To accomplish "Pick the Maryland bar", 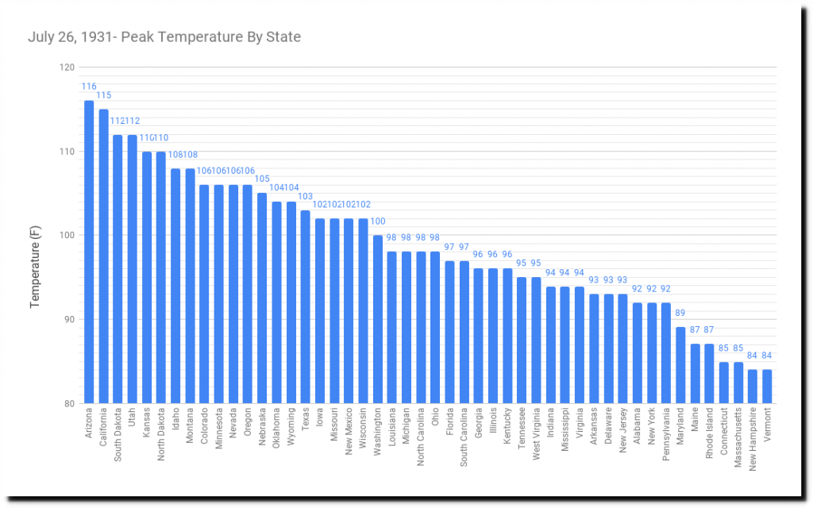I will pos(680,365).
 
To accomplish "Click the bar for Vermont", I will pos(767,387).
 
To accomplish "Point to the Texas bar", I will pos(306,306).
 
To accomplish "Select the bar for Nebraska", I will pos(262,298).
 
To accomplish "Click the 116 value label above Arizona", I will pos(89,87).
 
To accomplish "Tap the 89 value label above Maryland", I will pos(680,314).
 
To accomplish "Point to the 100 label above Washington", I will pos(378,221).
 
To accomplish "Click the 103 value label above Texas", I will pos(306,196).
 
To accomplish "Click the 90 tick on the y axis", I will pos(68,320).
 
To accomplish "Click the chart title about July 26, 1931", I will pos(164,37).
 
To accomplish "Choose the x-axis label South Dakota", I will pos(118,435).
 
